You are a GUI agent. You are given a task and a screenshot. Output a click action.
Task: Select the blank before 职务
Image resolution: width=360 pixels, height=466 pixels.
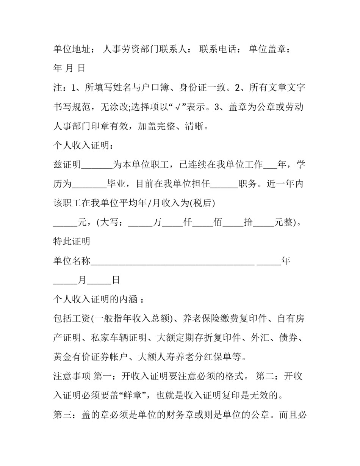click(x=224, y=184)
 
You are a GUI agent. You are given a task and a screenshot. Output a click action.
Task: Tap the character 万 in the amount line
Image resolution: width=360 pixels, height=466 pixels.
click(x=157, y=223)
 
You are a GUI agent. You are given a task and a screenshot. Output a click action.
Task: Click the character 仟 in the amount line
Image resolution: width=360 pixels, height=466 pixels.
click(x=188, y=223)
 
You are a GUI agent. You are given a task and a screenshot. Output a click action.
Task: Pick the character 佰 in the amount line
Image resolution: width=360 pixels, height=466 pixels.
click(x=218, y=223)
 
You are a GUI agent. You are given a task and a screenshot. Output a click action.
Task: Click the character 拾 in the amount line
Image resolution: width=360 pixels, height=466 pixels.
click(x=248, y=223)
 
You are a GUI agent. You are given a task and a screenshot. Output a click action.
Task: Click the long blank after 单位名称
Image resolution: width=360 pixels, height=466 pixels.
click(x=172, y=262)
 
